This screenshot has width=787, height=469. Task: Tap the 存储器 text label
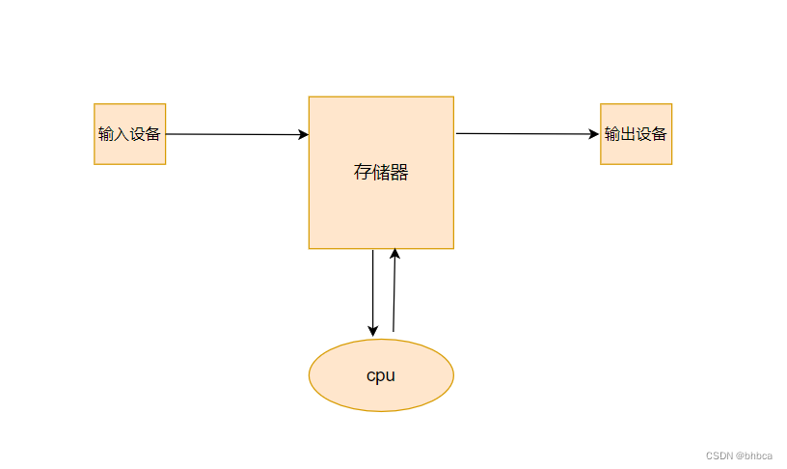pyautogui.click(x=381, y=173)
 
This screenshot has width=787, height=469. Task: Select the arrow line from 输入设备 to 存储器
pyautogui.click(x=231, y=134)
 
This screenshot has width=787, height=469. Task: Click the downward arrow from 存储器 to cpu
pyautogui.click(x=373, y=290)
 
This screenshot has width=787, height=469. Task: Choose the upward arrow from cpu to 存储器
pyautogui.click(x=394, y=294)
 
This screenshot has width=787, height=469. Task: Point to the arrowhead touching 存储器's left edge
pyautogui.click(x=303, y=135)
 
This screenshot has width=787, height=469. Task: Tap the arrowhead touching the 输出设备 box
pyautogui.click(x=594, y=134)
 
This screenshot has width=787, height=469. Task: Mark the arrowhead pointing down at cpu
pyautogui.click(x=373, y=331)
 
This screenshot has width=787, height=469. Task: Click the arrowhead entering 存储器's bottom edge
pyautogui.click(x=395, y=254)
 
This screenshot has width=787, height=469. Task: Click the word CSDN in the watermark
pyautogui.click(x=719, y=455)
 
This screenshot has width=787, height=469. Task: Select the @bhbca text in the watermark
pyautogui.click(x=753, y=455)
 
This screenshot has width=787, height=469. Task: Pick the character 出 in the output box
pyautogui.click(x=628, y=134)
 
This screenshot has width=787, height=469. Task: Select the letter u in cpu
pyautogui.click(x=391, y=375)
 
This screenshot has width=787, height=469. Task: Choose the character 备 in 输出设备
pyautogui.click(x=660, y=134)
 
